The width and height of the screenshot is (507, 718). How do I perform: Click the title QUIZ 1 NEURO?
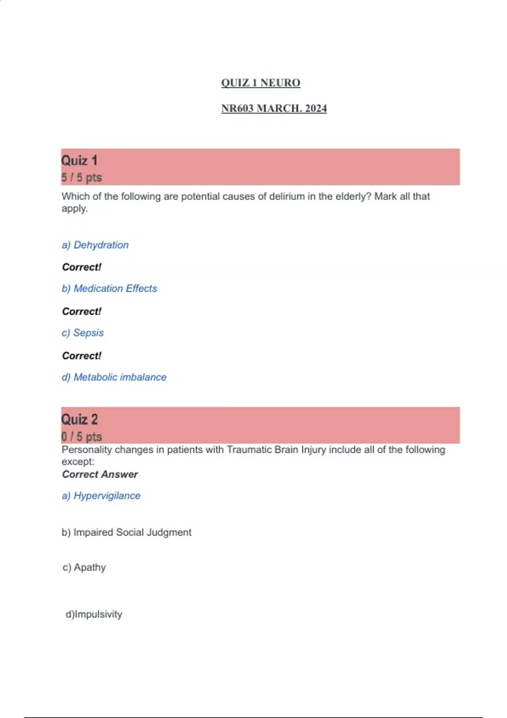261,83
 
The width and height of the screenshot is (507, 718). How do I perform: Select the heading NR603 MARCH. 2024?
274,109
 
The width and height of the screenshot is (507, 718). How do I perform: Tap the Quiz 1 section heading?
79,160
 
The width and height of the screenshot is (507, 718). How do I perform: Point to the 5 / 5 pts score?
82,177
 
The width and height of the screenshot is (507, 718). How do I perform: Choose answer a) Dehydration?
95,245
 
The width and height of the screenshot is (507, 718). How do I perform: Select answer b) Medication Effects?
109,288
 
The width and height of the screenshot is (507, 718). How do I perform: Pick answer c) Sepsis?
83,333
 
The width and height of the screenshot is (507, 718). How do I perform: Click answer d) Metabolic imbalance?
114,377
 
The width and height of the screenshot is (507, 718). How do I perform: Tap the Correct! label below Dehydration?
82,267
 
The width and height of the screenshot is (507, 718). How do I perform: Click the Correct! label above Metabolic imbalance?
82,356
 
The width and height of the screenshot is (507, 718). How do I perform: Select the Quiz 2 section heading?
79,419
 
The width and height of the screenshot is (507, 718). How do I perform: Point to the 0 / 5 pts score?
82,436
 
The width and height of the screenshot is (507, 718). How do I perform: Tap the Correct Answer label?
100,474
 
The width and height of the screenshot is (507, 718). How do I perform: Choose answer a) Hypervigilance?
101,496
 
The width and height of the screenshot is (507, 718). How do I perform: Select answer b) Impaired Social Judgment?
126,532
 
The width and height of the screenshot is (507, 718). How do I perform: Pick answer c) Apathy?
84,567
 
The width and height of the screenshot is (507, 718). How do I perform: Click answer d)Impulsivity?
94,614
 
